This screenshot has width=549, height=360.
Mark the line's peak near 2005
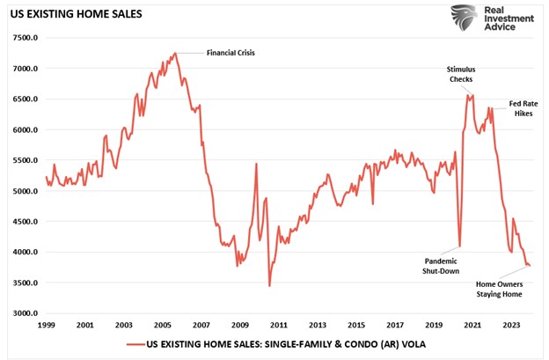pyautogui.click(x=176, y=53)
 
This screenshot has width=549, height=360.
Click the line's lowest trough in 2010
pyautogui.click(x=269, y=286)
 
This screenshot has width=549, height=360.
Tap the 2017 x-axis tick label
pyautogui.click(x=394, y=325)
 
